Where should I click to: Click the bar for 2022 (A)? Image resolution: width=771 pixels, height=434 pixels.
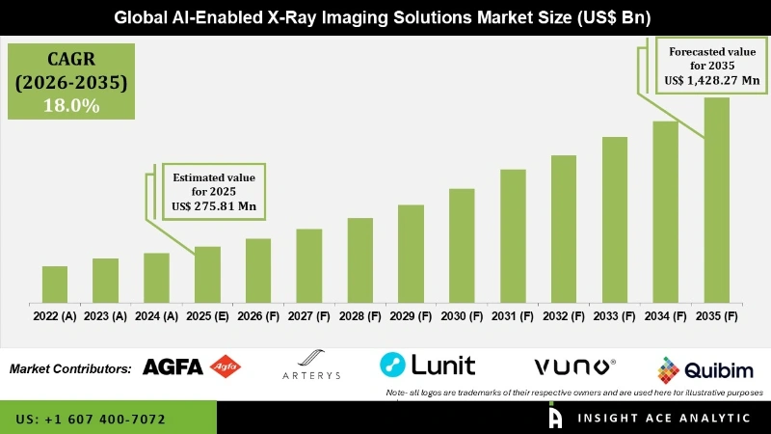tap(55, 284)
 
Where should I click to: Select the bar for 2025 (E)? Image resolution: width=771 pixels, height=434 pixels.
tap(207, 274)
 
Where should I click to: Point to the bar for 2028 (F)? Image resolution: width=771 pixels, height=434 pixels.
tap(359, 259)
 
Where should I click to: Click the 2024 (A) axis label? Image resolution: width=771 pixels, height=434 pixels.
tap(156, 315)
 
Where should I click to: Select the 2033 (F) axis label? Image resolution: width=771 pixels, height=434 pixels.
tap(614, 315)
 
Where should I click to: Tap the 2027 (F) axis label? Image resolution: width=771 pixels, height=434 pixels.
tap(308, 315)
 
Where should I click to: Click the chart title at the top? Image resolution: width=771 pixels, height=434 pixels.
tap(385, 16)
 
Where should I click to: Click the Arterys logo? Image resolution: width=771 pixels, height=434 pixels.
tap(311, 366)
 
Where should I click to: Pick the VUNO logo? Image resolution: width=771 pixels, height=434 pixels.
tap(574, 366)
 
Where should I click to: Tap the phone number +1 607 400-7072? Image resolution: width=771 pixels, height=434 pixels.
tap(92, 420)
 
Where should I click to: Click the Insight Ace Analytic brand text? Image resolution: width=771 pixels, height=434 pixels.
tap(651, 419)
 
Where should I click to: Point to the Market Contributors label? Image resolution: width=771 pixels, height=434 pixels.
tap(70, 368)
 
